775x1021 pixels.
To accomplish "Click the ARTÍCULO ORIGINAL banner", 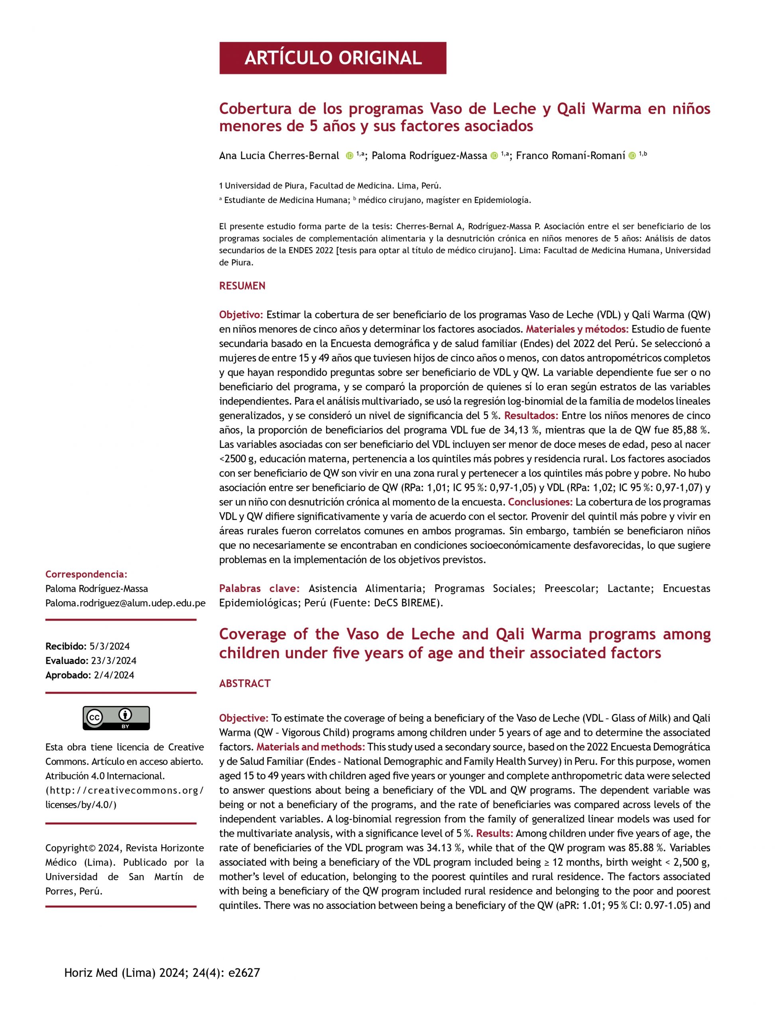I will tap(332, 58).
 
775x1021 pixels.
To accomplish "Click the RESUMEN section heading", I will tap(242, 286).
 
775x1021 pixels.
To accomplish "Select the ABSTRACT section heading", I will tap(244, 683).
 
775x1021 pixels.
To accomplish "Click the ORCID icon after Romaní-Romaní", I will tap(632, 156).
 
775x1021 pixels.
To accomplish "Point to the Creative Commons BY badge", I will tap(116, 718).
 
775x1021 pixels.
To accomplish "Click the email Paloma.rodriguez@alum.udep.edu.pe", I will tap(126, 603).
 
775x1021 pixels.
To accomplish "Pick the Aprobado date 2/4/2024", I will tap(114, 675).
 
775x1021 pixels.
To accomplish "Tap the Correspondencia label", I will tap(86, 574).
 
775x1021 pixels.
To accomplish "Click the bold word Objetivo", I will tap(241, 315).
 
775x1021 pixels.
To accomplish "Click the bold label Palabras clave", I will tap(259, 589).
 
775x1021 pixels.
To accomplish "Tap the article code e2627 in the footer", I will tap(244, 973).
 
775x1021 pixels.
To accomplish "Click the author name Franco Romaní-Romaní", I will tap(570, 156).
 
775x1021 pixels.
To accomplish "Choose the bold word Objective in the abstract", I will tap(243, 718).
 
